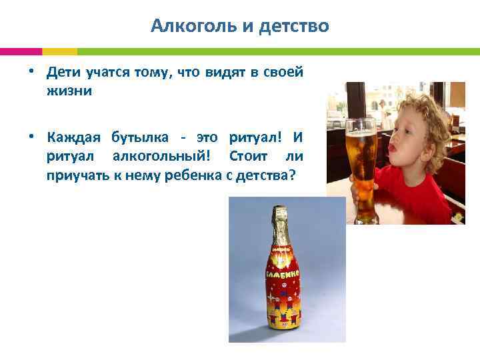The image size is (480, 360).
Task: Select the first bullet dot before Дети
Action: coord(31,71)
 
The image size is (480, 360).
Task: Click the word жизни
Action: coord(69,91)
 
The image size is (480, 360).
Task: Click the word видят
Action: coord(217,73)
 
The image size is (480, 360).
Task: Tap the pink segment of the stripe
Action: coord(21,51)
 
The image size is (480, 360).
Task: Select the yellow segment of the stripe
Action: coord(59,51)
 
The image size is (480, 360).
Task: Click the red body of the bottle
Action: coord(284,293)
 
